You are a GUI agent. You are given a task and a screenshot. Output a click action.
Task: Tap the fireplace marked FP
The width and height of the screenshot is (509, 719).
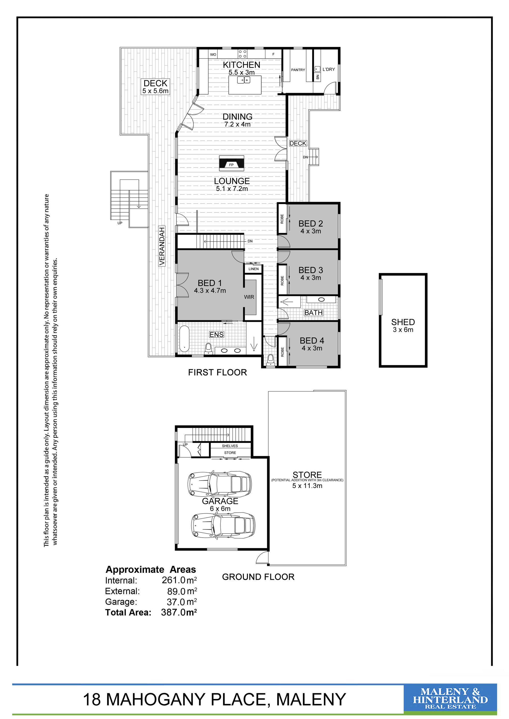231,163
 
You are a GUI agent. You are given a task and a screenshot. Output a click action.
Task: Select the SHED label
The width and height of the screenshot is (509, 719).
403,322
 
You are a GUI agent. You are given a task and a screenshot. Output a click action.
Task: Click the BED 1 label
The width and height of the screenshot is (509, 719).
210,283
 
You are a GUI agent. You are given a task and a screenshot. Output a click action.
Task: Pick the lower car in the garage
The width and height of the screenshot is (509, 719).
223,526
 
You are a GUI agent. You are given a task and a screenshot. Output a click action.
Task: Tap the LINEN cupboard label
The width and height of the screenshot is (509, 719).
253,269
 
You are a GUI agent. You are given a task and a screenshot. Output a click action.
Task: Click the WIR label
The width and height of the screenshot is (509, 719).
249,297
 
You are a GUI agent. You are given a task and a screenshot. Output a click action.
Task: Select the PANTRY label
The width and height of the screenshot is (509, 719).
298,70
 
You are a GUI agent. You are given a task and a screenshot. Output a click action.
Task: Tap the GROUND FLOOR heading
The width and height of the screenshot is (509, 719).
258,577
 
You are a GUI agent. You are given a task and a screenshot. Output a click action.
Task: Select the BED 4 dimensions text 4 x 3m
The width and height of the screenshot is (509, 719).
312,348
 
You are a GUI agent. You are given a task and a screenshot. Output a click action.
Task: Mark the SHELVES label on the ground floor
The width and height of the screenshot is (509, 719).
230,446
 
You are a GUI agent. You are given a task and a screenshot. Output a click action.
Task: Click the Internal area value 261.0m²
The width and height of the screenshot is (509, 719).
179,580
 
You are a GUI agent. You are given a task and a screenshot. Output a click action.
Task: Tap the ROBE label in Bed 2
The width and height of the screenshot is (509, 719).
282,219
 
